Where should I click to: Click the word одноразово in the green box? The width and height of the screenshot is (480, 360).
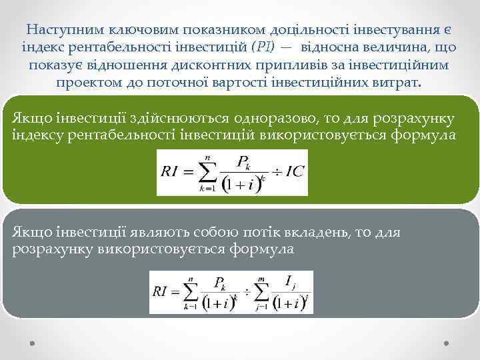click(x=275, y=119)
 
